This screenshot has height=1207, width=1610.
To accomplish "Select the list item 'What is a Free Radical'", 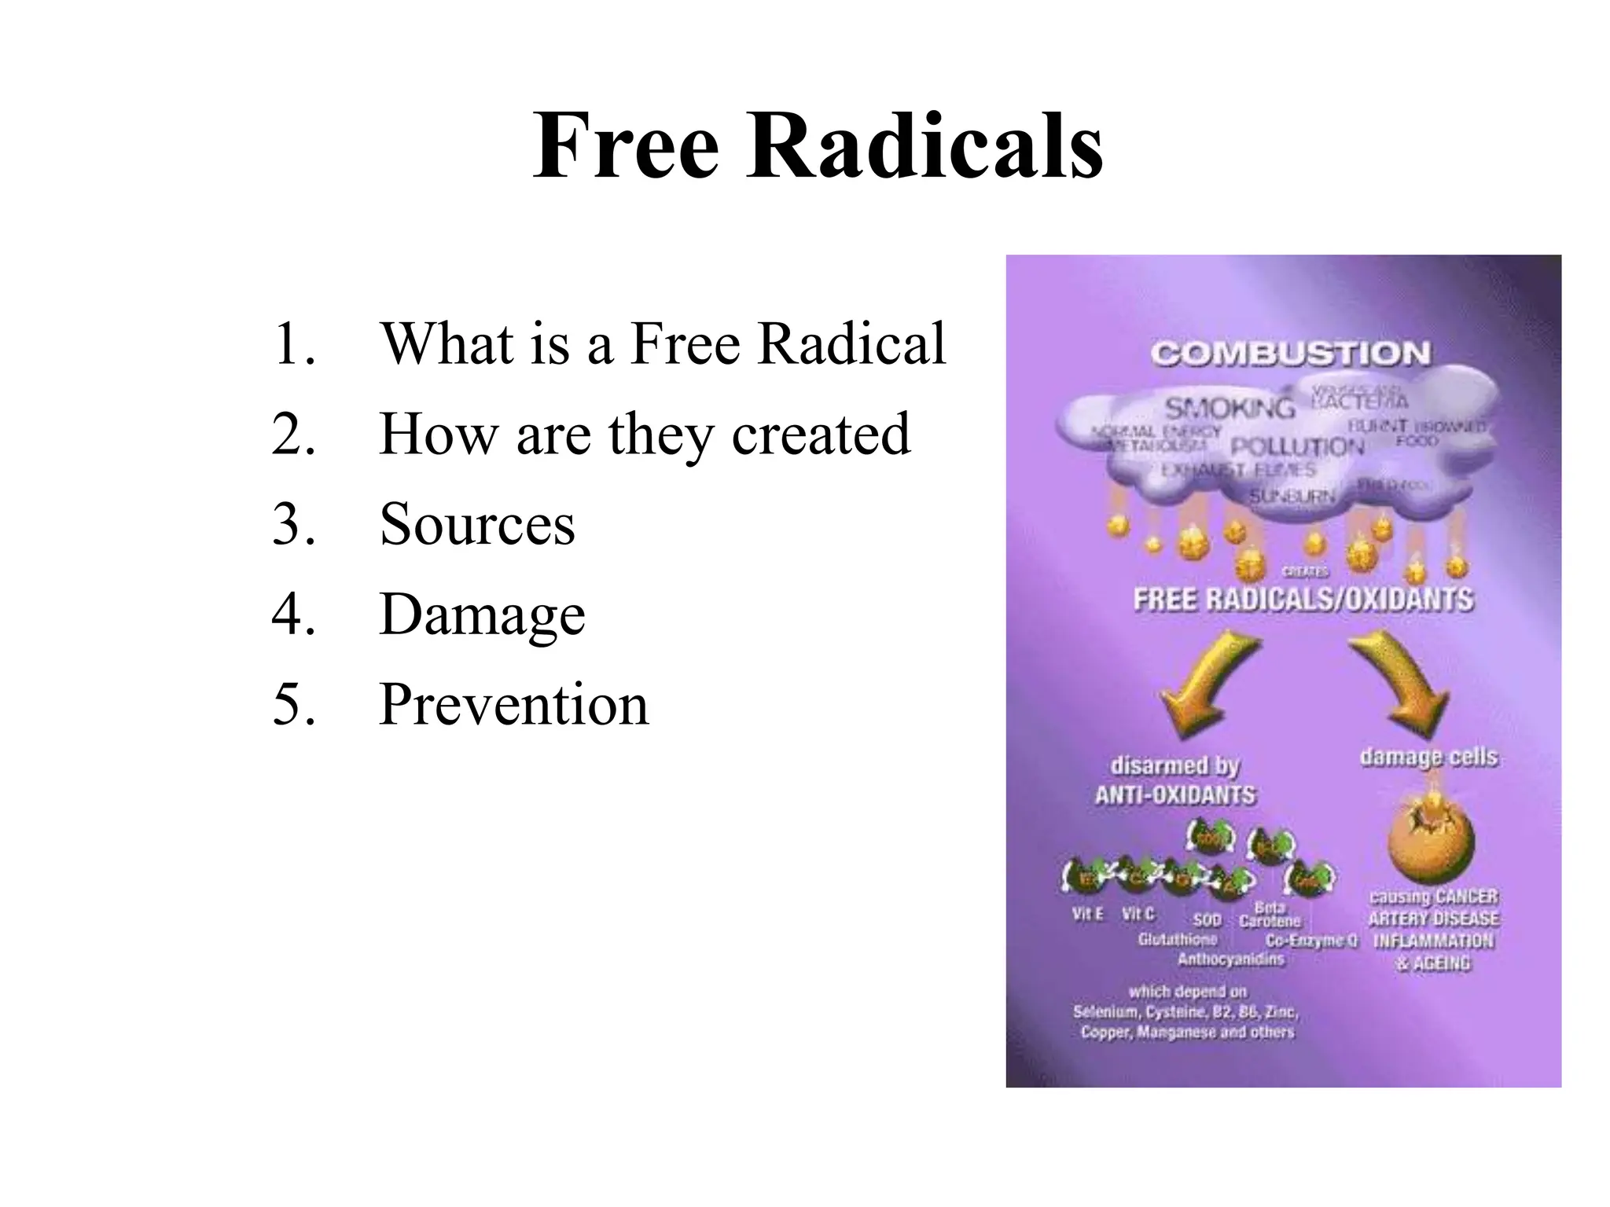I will point(662,343).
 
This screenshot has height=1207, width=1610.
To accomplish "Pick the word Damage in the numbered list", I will point(482,614).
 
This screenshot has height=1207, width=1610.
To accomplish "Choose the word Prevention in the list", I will point(513,704).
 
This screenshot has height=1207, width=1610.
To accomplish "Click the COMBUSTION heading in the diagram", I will point(1290,354).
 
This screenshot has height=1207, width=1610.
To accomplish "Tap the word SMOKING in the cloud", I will point(1229,408).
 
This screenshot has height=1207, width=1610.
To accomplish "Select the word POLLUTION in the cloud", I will point(1297,447).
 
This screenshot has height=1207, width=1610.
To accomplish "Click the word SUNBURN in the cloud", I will point(1292,496).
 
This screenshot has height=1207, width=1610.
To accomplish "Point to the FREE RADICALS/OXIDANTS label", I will point(1303,600).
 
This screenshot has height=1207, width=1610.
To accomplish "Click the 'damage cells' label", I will point(1428,757).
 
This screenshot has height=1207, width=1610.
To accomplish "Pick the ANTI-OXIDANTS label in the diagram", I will point(1175,795).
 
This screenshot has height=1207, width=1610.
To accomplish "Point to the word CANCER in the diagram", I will point(1467,897).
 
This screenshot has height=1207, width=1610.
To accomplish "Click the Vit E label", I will point(1087,914).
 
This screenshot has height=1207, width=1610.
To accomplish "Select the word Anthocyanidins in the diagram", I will point(1230,959).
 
